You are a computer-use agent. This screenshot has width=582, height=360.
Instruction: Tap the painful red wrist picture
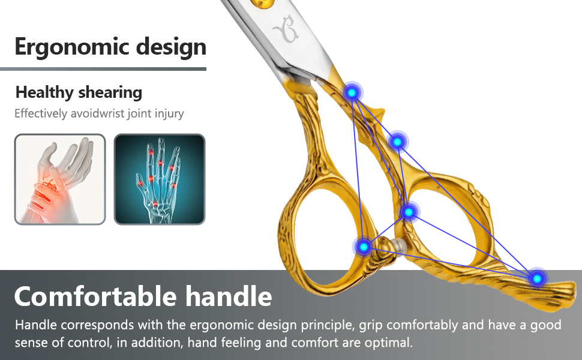60,179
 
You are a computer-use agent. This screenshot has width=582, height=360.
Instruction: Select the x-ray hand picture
160,179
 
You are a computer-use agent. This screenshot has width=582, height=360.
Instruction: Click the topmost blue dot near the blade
352,92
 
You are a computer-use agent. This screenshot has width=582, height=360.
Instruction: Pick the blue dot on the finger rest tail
537,278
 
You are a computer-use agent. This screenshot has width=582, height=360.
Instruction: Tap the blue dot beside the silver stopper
364,247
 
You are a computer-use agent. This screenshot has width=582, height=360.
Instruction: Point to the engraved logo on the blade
286,29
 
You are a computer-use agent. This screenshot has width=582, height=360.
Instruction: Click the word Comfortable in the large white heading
95,296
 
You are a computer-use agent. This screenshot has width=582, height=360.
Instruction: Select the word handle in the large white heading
229,296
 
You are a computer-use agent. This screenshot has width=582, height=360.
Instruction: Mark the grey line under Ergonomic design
103,69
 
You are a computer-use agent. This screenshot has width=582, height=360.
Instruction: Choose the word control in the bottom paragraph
89,342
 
